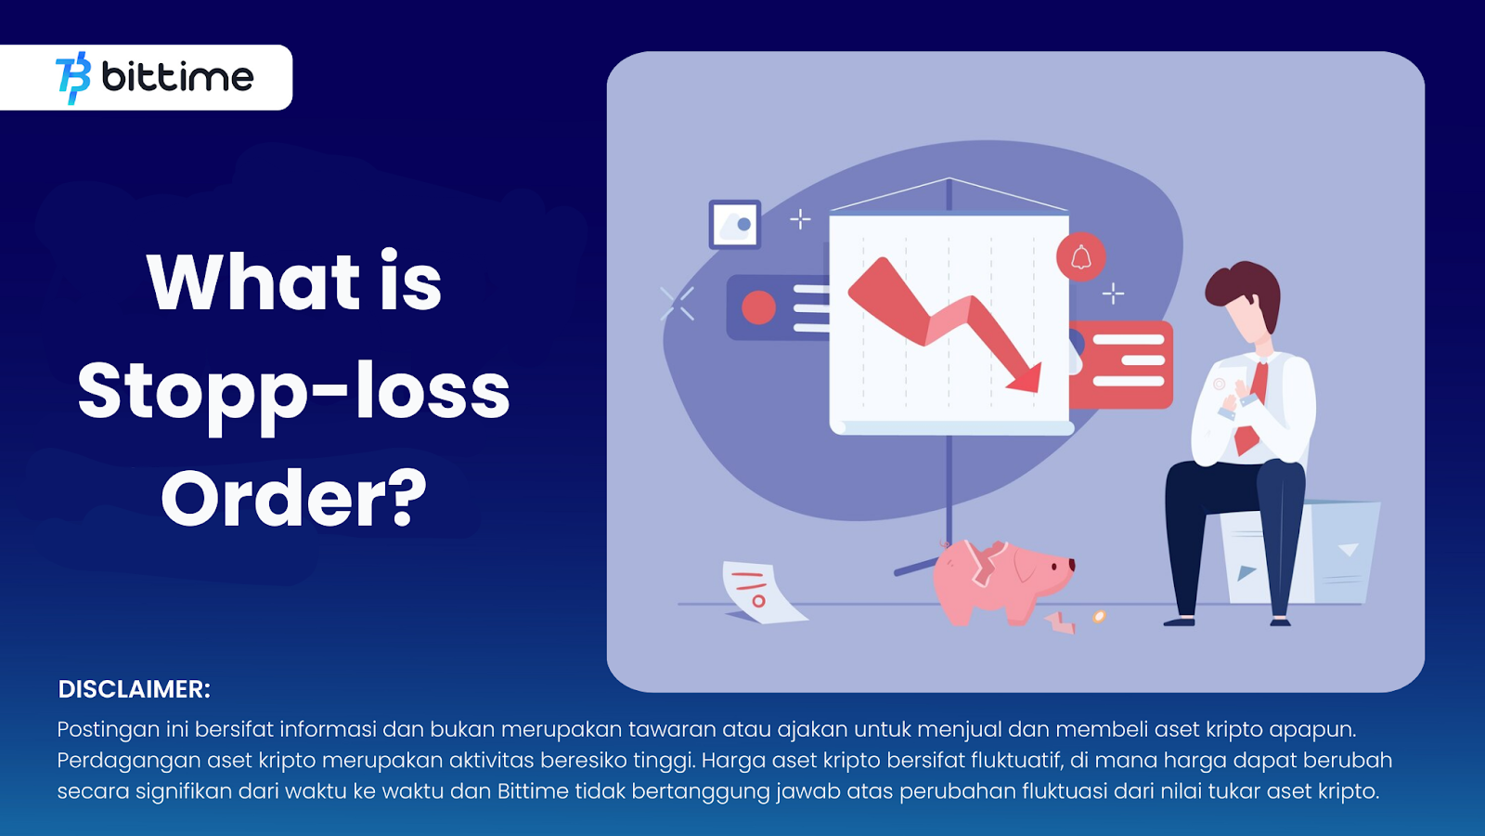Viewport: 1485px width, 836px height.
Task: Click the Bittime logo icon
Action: (x=73, y=78)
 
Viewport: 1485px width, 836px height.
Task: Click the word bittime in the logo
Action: (x=177, y=77)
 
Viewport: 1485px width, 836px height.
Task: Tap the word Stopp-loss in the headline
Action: (x=293, y=396)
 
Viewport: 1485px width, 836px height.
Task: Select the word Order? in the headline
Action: (x=293, y=498)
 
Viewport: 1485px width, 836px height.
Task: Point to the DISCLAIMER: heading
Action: (x=134, y=689)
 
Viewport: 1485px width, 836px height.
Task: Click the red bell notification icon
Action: (x=1080, y=256)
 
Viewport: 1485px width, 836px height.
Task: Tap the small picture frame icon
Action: (x=734, y=224)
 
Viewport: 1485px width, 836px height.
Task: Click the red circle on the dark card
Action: (x=758, y=307)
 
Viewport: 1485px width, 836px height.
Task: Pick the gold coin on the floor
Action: (x=1099, y=617)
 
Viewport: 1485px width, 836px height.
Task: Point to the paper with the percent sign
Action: (x=759, y=593)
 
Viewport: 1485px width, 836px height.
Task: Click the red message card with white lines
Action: (x=1121, y=364)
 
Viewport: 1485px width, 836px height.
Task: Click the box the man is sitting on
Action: (x=1299, y=552)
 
